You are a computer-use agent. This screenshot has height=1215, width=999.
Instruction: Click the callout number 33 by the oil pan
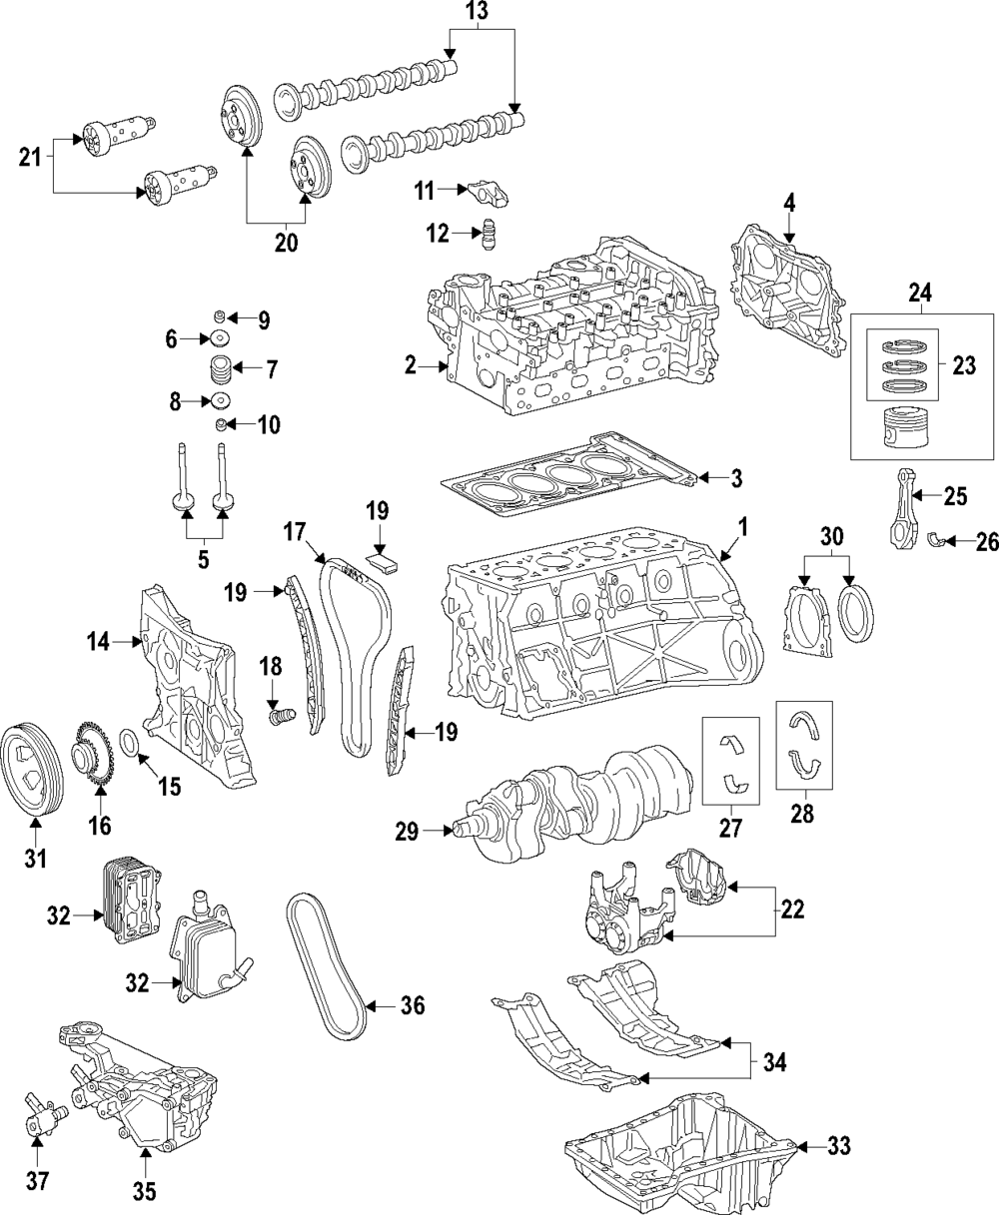(x=839, y=1147)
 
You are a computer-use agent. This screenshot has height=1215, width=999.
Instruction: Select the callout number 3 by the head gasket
(x=735, y=478)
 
